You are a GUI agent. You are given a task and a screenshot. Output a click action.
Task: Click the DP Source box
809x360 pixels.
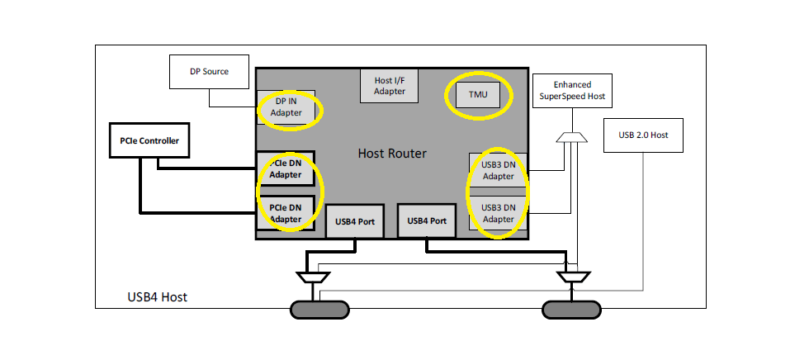(209, 72)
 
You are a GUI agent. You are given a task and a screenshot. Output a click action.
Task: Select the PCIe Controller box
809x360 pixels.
(149, 140)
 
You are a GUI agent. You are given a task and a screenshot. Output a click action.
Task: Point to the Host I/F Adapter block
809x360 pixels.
(389, 86)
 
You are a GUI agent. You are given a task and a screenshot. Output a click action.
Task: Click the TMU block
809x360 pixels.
(478, 95)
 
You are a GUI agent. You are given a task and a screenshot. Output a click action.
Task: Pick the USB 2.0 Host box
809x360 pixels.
(642, 135)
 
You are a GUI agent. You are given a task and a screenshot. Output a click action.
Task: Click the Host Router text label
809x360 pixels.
(391, 153)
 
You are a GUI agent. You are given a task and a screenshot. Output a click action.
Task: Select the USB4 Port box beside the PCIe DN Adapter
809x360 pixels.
(355, 220)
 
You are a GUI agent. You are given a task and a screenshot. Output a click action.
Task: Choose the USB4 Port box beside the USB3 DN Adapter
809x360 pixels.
(427, 220)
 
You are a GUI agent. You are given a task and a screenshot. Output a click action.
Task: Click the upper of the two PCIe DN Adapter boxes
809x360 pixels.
(286, 169)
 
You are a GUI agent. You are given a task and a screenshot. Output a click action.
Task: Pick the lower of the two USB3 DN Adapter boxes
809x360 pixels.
(498, 213)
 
